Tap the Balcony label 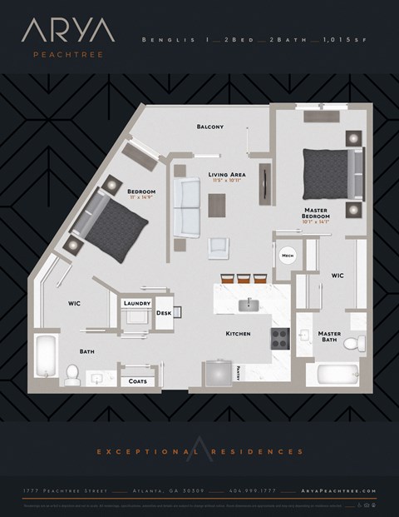(x=209, y=127)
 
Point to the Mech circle (x=288, y=256)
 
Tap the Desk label (x=163, y=313)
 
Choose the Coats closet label (x=137, y=381)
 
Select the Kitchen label (x=239, y=334)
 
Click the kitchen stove (x=279, y=338)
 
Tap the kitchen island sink (x=247, y=305)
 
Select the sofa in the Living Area (x=186, y=207)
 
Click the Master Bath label (x=329, y=336)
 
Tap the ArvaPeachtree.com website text (x=352, y=492)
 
